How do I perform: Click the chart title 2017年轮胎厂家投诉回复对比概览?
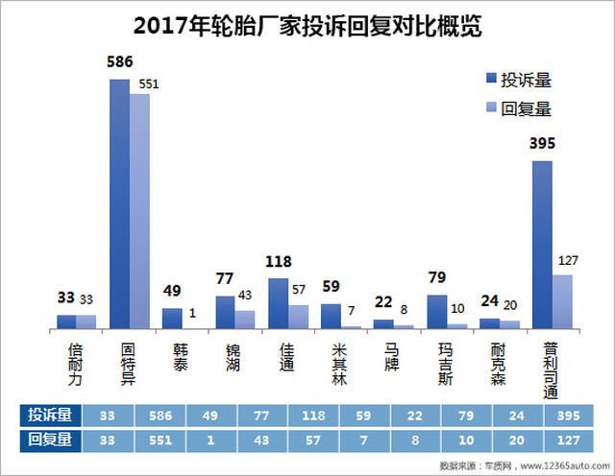point(307,25)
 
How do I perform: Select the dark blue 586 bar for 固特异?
point(120,203)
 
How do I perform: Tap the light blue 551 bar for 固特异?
point(140,211)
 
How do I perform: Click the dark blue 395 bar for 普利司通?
point(542,245)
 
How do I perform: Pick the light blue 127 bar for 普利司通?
point(562,301)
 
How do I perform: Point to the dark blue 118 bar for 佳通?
point(278,303)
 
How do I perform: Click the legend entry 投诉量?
point(518,79)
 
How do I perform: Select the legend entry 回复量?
point(518,107)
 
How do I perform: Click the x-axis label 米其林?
point(332,364)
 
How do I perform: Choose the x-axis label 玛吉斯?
point(437,364)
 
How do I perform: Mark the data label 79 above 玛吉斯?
point(435,278)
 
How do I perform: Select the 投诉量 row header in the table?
point(49,415)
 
